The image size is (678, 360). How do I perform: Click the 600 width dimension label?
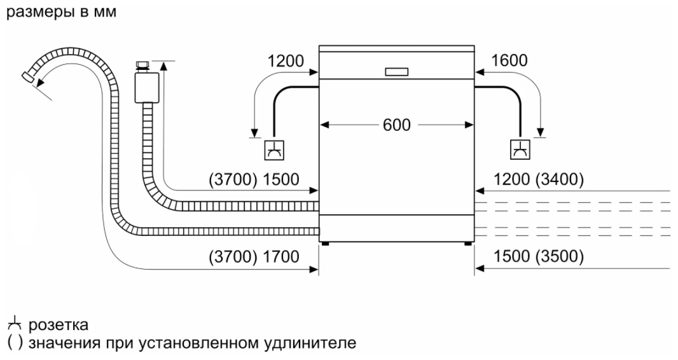(396, 124)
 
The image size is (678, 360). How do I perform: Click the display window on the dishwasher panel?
(396, 72)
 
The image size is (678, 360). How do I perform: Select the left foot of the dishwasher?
(325, 243)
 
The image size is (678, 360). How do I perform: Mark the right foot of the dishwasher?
(467, 243)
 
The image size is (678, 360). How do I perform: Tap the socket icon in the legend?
(13, 325)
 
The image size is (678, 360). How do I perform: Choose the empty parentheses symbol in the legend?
(12, 343)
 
